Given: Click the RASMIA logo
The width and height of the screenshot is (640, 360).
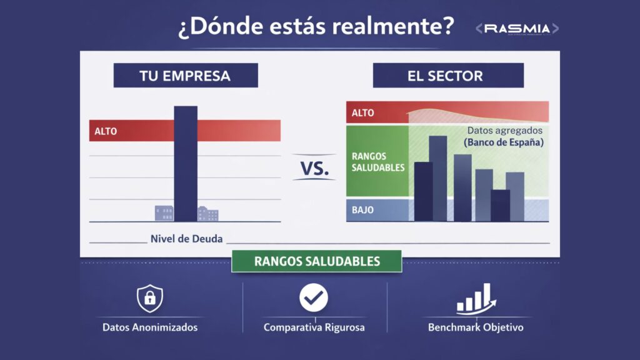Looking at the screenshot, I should pyautogui.click(x=517, y=29).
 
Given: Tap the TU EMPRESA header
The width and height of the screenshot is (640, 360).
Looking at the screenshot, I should pyautogui.click(x=185, y=76).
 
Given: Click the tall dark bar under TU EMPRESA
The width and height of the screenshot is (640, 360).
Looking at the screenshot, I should pyautogui.click(x=186, y=163).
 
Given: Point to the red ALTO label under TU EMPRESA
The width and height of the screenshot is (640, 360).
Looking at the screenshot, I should pyautogui.click(x=106, y=131).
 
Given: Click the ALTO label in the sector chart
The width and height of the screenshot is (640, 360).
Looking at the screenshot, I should pyautogui.click(x=363, y=113).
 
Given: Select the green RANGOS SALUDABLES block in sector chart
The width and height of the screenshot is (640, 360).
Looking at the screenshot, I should pyautogui.click(x=377, y=161).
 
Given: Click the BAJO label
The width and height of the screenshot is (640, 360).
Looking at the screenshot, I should pyautogui.click(x=362, y=210).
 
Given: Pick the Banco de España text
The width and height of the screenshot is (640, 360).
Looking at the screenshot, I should pyautogui.click(x=504, y=142).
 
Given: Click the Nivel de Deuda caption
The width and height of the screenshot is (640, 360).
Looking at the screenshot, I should pyautogui.click(x=186, y=238).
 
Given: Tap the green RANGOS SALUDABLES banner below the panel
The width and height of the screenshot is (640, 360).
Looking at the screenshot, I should pyautogui.click(x=317, y=261).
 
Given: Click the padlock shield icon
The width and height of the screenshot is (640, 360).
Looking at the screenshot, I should pyautogui.click(x=150, y=298).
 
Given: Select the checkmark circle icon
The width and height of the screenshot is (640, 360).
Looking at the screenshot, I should pyautogui.click(x=313, y=298).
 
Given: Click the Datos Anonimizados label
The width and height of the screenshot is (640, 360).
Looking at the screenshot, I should pyautogui.click(x=150, y=327).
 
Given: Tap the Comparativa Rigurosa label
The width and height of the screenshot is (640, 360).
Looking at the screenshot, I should pyautogui.click(x=314, y=327).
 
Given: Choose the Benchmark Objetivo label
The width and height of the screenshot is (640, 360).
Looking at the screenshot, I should pyautogui.click(x=476, y=327).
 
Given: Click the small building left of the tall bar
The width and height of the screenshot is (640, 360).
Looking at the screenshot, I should pyautogui.click(x=164, y=213).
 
